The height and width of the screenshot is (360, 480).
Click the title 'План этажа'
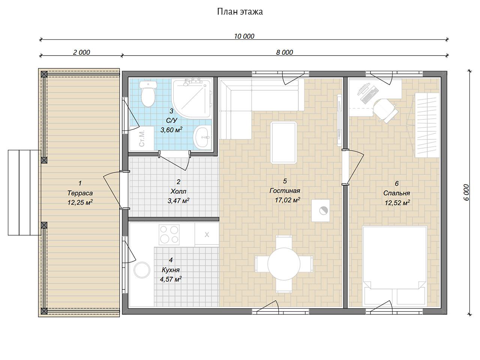(x=240, y=12)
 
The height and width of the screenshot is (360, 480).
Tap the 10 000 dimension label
(x=244, y=36)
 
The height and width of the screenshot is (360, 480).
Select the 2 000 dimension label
(x=81, y=52)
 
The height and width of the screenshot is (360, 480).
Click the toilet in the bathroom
(x=148, y=93)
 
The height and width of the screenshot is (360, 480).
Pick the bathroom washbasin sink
(x=202, y=138)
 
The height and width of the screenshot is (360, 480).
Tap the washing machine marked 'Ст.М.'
(x=142, y=138)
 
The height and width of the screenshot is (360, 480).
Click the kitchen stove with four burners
(x=169, y=235)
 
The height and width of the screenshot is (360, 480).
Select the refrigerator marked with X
(x=207, y=235)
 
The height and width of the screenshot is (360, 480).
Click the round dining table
(x=284, y=264)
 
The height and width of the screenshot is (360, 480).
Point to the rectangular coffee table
(x=283, y=143)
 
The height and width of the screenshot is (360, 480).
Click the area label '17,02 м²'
(x=287, y=200)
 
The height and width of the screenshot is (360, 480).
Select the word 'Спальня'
(x=396, y=193)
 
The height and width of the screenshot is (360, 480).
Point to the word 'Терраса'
(x=80, y=193)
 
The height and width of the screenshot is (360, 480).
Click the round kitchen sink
(x=142, y=270)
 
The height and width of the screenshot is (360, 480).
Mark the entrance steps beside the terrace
(x=24, y=193)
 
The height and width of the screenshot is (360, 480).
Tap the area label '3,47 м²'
(x=178, y=201)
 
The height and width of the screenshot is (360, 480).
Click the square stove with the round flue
(x=321, y=210)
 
